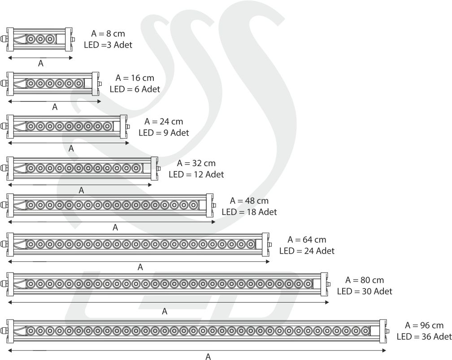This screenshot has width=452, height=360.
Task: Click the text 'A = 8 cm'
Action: [108, 34]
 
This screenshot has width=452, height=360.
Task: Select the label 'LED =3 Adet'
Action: [108, 45]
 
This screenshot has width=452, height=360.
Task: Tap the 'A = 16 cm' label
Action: [135, 78]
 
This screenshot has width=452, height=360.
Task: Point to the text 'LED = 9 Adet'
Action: [164, 132]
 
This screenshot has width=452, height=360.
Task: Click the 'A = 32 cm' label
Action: [196, 163]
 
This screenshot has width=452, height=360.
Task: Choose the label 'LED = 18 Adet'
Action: [249, 212]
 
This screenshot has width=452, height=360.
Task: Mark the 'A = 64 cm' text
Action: [307, 239]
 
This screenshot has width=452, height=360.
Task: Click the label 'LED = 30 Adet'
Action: [364, 291]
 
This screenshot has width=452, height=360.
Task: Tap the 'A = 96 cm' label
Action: [424, 325]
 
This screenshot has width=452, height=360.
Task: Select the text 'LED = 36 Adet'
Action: [424, 337]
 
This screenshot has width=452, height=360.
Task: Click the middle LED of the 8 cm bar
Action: [40, 39]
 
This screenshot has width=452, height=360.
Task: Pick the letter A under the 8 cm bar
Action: [40, 64]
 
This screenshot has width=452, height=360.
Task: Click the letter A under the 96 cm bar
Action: [208, 357]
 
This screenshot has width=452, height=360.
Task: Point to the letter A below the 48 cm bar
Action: [115, 228]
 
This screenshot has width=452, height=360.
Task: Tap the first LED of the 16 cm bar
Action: [31, 83]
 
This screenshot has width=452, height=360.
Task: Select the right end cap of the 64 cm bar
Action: [265, 245]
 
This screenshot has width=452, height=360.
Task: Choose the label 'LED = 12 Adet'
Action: [196, 174]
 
